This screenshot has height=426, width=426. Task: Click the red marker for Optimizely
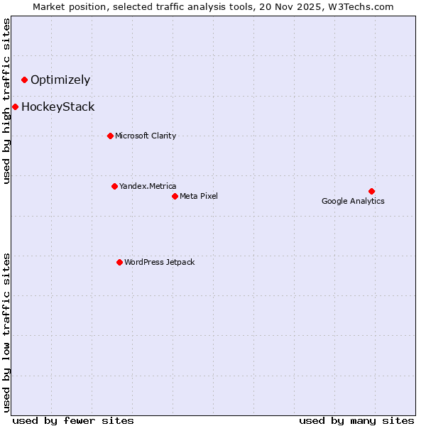(x=24, y=80)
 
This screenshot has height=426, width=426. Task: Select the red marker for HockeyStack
(x=15, y=107)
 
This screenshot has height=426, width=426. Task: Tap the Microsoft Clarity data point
(x=110, y=136)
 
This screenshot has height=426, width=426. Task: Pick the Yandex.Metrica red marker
(x=114, y=186)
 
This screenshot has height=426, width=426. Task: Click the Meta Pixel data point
(x=175, y=196)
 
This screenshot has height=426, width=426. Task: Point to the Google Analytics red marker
(x=371, y=191)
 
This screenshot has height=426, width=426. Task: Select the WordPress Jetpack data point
(x=119, y=262)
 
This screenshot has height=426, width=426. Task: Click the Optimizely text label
(x=60, y=80)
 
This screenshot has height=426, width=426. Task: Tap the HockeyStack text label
(x=58, y=107)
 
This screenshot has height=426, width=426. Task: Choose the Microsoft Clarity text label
(x=146, y=136)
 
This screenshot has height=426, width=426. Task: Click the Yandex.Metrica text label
(x=148, y=186)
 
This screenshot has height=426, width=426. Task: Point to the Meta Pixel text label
(x=199, y=196)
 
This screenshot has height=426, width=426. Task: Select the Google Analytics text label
(x=353, y=201)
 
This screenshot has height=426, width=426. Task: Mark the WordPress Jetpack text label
(x=159, y=262)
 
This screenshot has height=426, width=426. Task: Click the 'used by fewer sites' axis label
(x=73, y=420)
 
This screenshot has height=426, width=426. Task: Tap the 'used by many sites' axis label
(x=356, y=420)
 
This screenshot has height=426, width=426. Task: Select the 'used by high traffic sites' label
(x=7, y=101)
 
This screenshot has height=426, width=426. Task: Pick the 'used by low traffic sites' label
(x=7, y=332)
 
